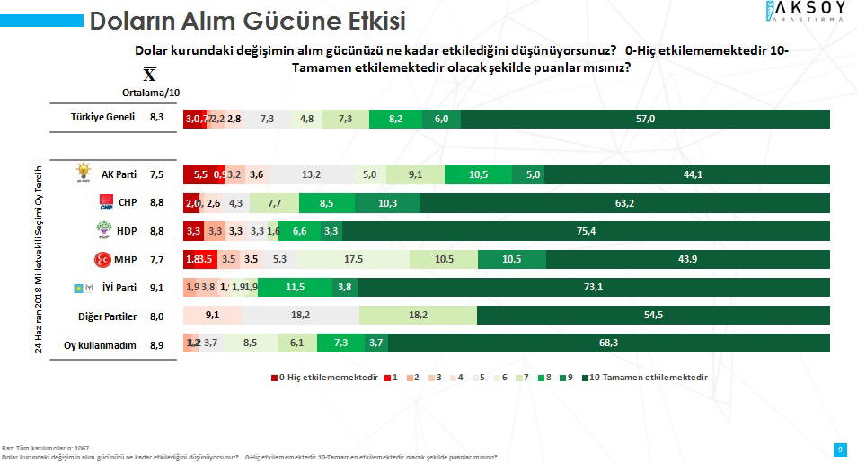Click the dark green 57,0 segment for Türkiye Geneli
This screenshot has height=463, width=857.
click(x=645, y=119)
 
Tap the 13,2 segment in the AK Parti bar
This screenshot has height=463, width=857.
click(x=312, y=175)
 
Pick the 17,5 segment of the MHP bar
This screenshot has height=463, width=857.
click(x=353, y=260)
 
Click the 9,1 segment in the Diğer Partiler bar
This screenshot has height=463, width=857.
click(x=212, y=316)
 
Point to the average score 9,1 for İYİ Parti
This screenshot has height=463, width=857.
click(x=156, y=289)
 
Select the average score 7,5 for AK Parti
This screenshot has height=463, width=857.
click(x=156, y=175)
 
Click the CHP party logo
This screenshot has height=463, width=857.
click(x=107, y=201)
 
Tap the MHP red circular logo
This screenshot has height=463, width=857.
click(x=103, y=260)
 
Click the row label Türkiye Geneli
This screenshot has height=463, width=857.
click(x=102, y=118)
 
